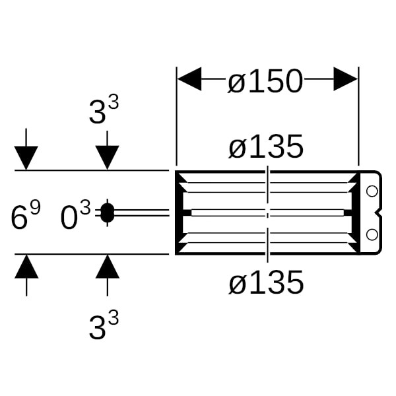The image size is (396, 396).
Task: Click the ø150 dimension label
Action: click(265, 82)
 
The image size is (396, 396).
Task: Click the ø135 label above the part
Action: click(266, 147)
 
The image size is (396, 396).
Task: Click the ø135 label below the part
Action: click(266, 283)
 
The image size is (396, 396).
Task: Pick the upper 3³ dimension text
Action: click(104, 110)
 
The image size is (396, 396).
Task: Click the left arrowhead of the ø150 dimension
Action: click(189, 80)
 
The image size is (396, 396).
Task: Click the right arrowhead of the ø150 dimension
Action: click(346, 80)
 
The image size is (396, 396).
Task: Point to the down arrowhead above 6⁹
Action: click(26, 158)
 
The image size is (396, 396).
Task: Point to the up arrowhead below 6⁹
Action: click(26, 267)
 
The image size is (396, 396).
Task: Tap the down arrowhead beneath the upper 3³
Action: click(107, 158)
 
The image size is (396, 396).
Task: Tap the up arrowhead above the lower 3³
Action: click(107, 267)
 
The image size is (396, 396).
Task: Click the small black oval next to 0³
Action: click(107, 213)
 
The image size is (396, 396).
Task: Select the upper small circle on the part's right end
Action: click(371, 191)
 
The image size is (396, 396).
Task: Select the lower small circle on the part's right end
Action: click(371, 234)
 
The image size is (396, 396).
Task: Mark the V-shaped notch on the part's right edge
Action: click(379, 213)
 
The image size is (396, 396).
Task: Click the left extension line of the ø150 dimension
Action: click(176, 119)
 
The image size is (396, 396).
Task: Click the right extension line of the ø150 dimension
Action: click(358, 119)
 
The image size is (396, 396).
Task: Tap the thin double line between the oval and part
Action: click(142, 213)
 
